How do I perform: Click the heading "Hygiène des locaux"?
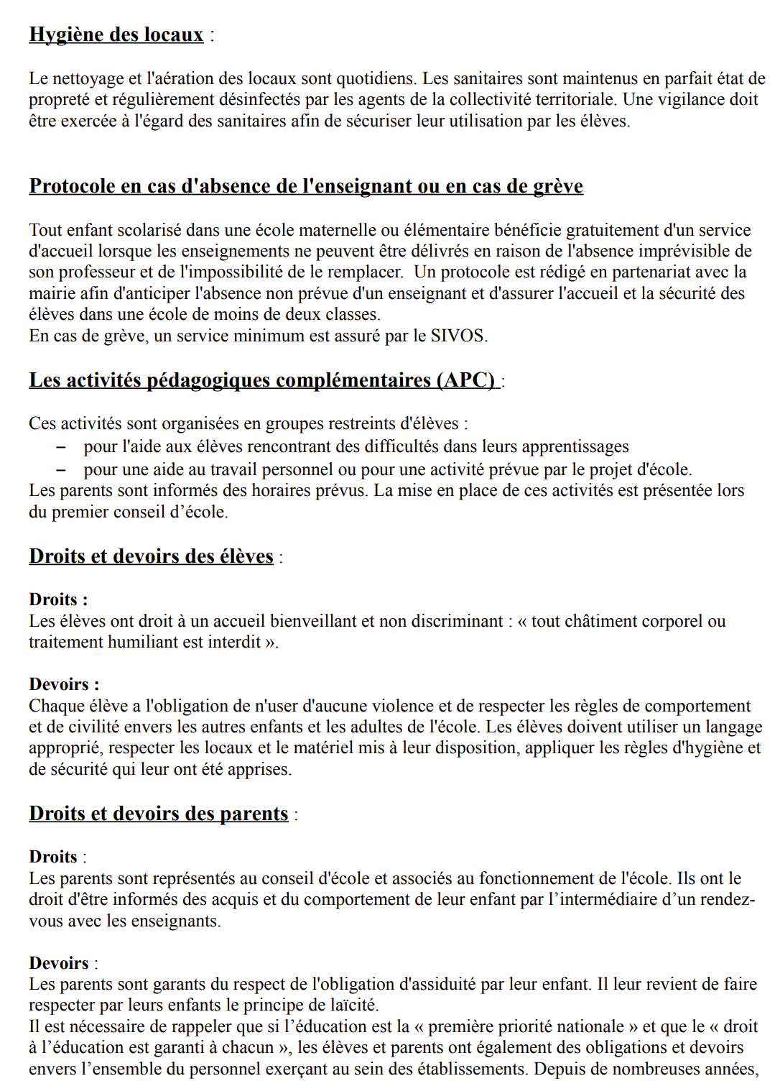point(116,34)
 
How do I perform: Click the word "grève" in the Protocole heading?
point(557,186)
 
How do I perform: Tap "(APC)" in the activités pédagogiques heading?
point(466,380)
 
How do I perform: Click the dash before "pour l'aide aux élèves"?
point(62,447)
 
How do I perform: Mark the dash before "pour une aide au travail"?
point(62,470)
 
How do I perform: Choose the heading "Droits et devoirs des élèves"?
point(151,556)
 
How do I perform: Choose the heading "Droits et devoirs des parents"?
point(158,814)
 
